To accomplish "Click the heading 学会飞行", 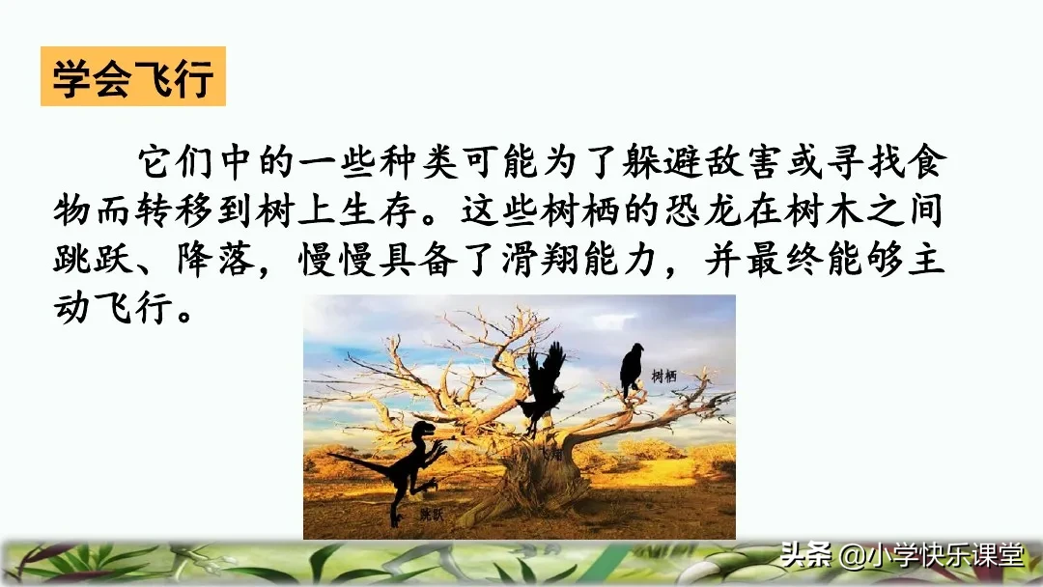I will pos(132,78).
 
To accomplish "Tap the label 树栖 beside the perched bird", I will pos(663,376).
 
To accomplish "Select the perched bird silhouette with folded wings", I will pos(631,370).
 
